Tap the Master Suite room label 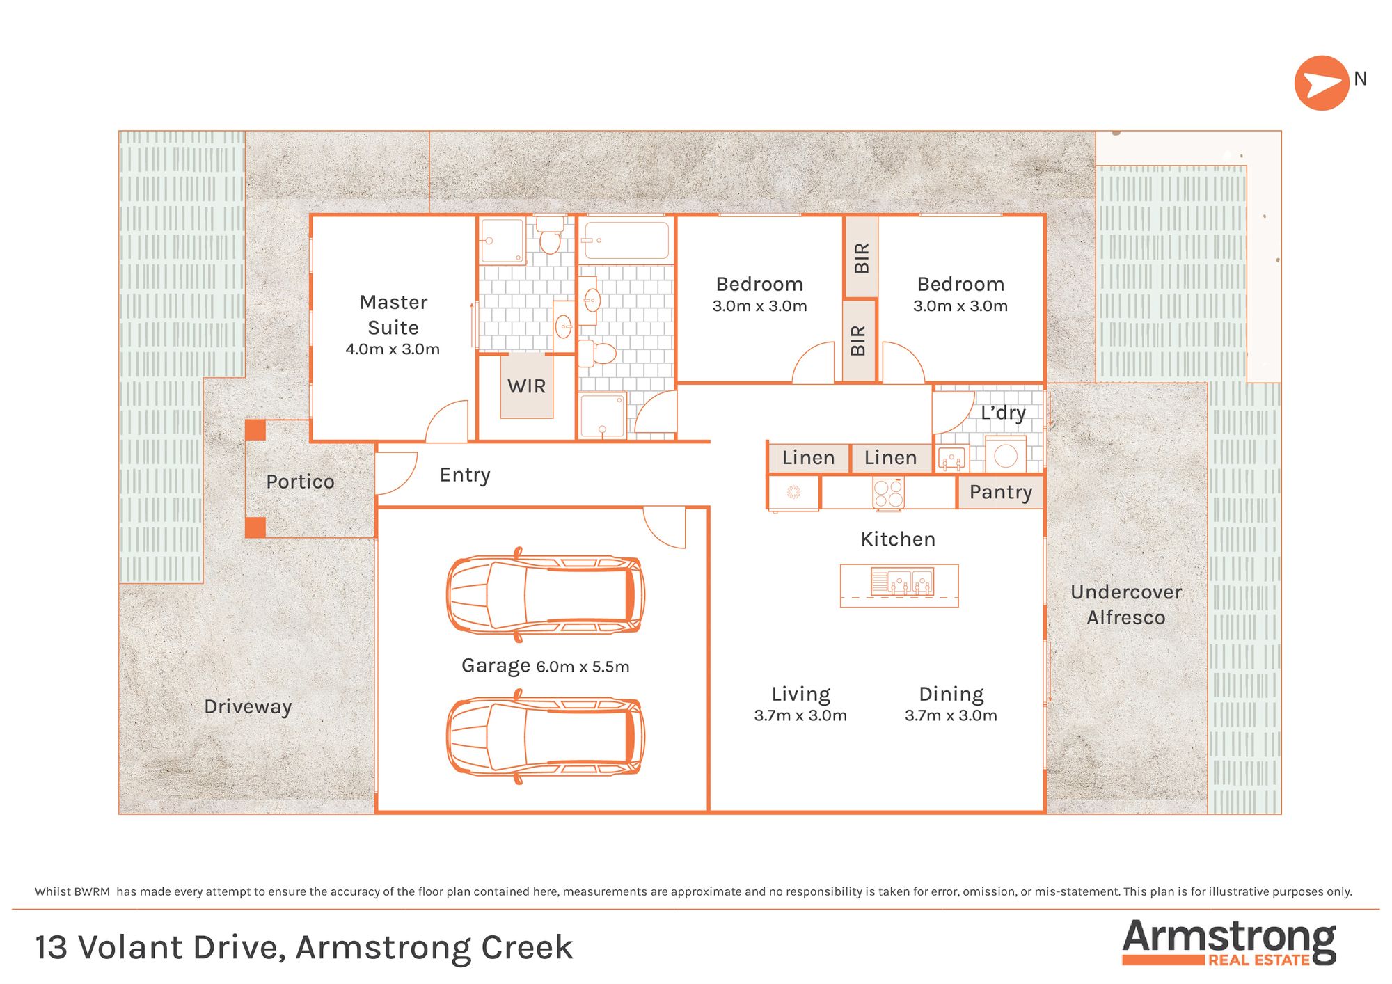coord(393,315)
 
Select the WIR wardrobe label coord(527,386)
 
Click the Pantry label coord(1001,492)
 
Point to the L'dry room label coord(1003,413)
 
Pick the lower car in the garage coord(546,736)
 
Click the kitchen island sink coord(902,582)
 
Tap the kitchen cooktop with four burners coord(889,493)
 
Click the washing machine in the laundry coord(1006,455)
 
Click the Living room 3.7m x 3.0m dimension coord(800,715)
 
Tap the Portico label coord(300,482)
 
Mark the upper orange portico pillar coord(255,429)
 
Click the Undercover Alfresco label coord(1126,605)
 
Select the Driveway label coord(248,707)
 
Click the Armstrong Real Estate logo coord(1229,942)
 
